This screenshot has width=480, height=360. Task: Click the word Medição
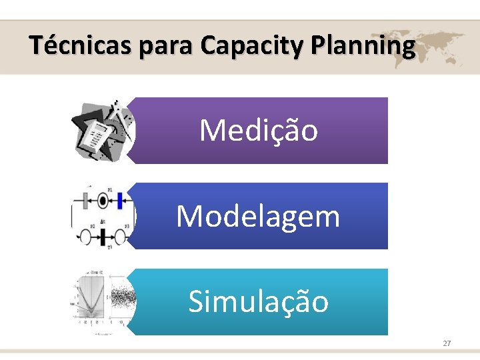pos(259,131)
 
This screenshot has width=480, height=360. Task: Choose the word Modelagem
pos(258,216)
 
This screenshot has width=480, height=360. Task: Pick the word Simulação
pos(259,301)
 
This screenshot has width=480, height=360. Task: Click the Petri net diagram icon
pos(103,217)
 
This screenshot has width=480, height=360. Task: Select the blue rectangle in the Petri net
pos(120,199)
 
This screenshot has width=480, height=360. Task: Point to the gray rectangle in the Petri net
pos(85,199)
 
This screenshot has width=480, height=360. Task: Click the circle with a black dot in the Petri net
pos(103,199)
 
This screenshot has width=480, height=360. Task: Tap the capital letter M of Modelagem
pos(190,216)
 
